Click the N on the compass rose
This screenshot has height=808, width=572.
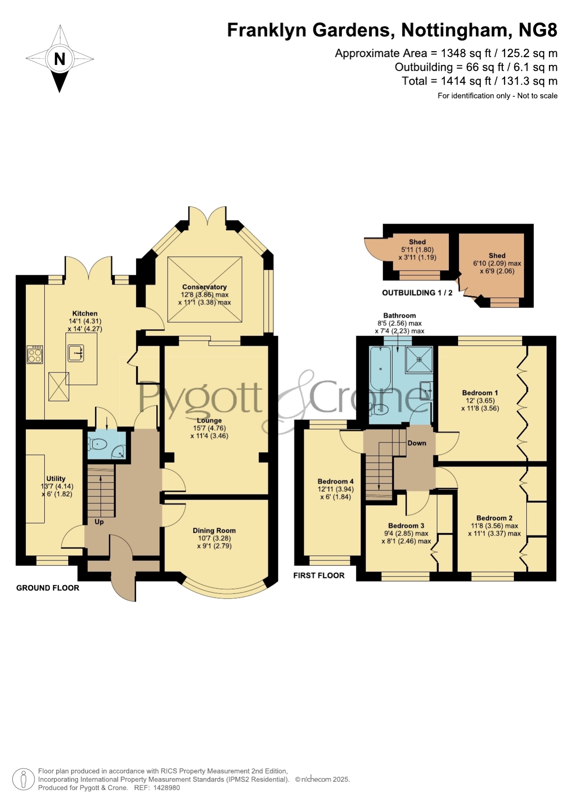click(x=59, y=59)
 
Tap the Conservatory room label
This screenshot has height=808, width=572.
click(x=204, y=287)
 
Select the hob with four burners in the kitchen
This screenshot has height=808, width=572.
click(x=35, y=354)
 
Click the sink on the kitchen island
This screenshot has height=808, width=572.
click(x=76, y=353)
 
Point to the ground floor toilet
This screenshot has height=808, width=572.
click(x=98, y=444)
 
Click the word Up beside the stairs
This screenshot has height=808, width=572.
click(x=99, y=522)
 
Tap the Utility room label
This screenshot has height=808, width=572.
click(x=56, y=479)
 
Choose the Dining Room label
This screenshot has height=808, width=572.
click(x=214, y=530)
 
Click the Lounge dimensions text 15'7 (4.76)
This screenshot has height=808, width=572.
click(x=209, y=428)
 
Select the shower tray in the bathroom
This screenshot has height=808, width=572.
click(x=419, y=359)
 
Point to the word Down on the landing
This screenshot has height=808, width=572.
click(x=417, y=443)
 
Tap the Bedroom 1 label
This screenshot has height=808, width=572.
click(x=480, y=393)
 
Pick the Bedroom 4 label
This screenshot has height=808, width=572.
click(x=336, y=481)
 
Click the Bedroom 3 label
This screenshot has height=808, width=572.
click(x=406, y=525)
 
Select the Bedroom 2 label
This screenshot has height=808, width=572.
click(x=494, y=518)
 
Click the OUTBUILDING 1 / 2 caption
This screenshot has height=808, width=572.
click(x=417, y=292)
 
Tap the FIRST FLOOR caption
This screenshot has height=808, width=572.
click(x=319, y=575)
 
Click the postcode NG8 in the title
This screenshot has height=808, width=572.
click(x=538, y=30)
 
